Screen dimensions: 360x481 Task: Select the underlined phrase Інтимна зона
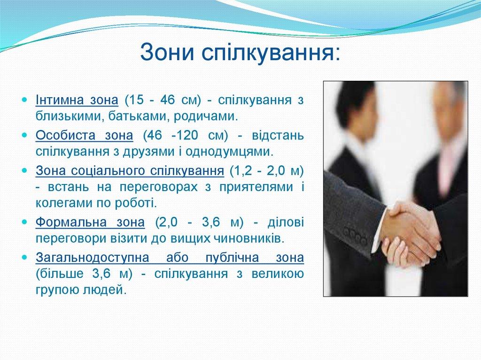tap(77, 101)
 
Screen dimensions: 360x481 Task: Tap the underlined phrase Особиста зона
tap(85, 136)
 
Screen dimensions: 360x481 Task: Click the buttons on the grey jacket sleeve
tap(355, 235)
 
